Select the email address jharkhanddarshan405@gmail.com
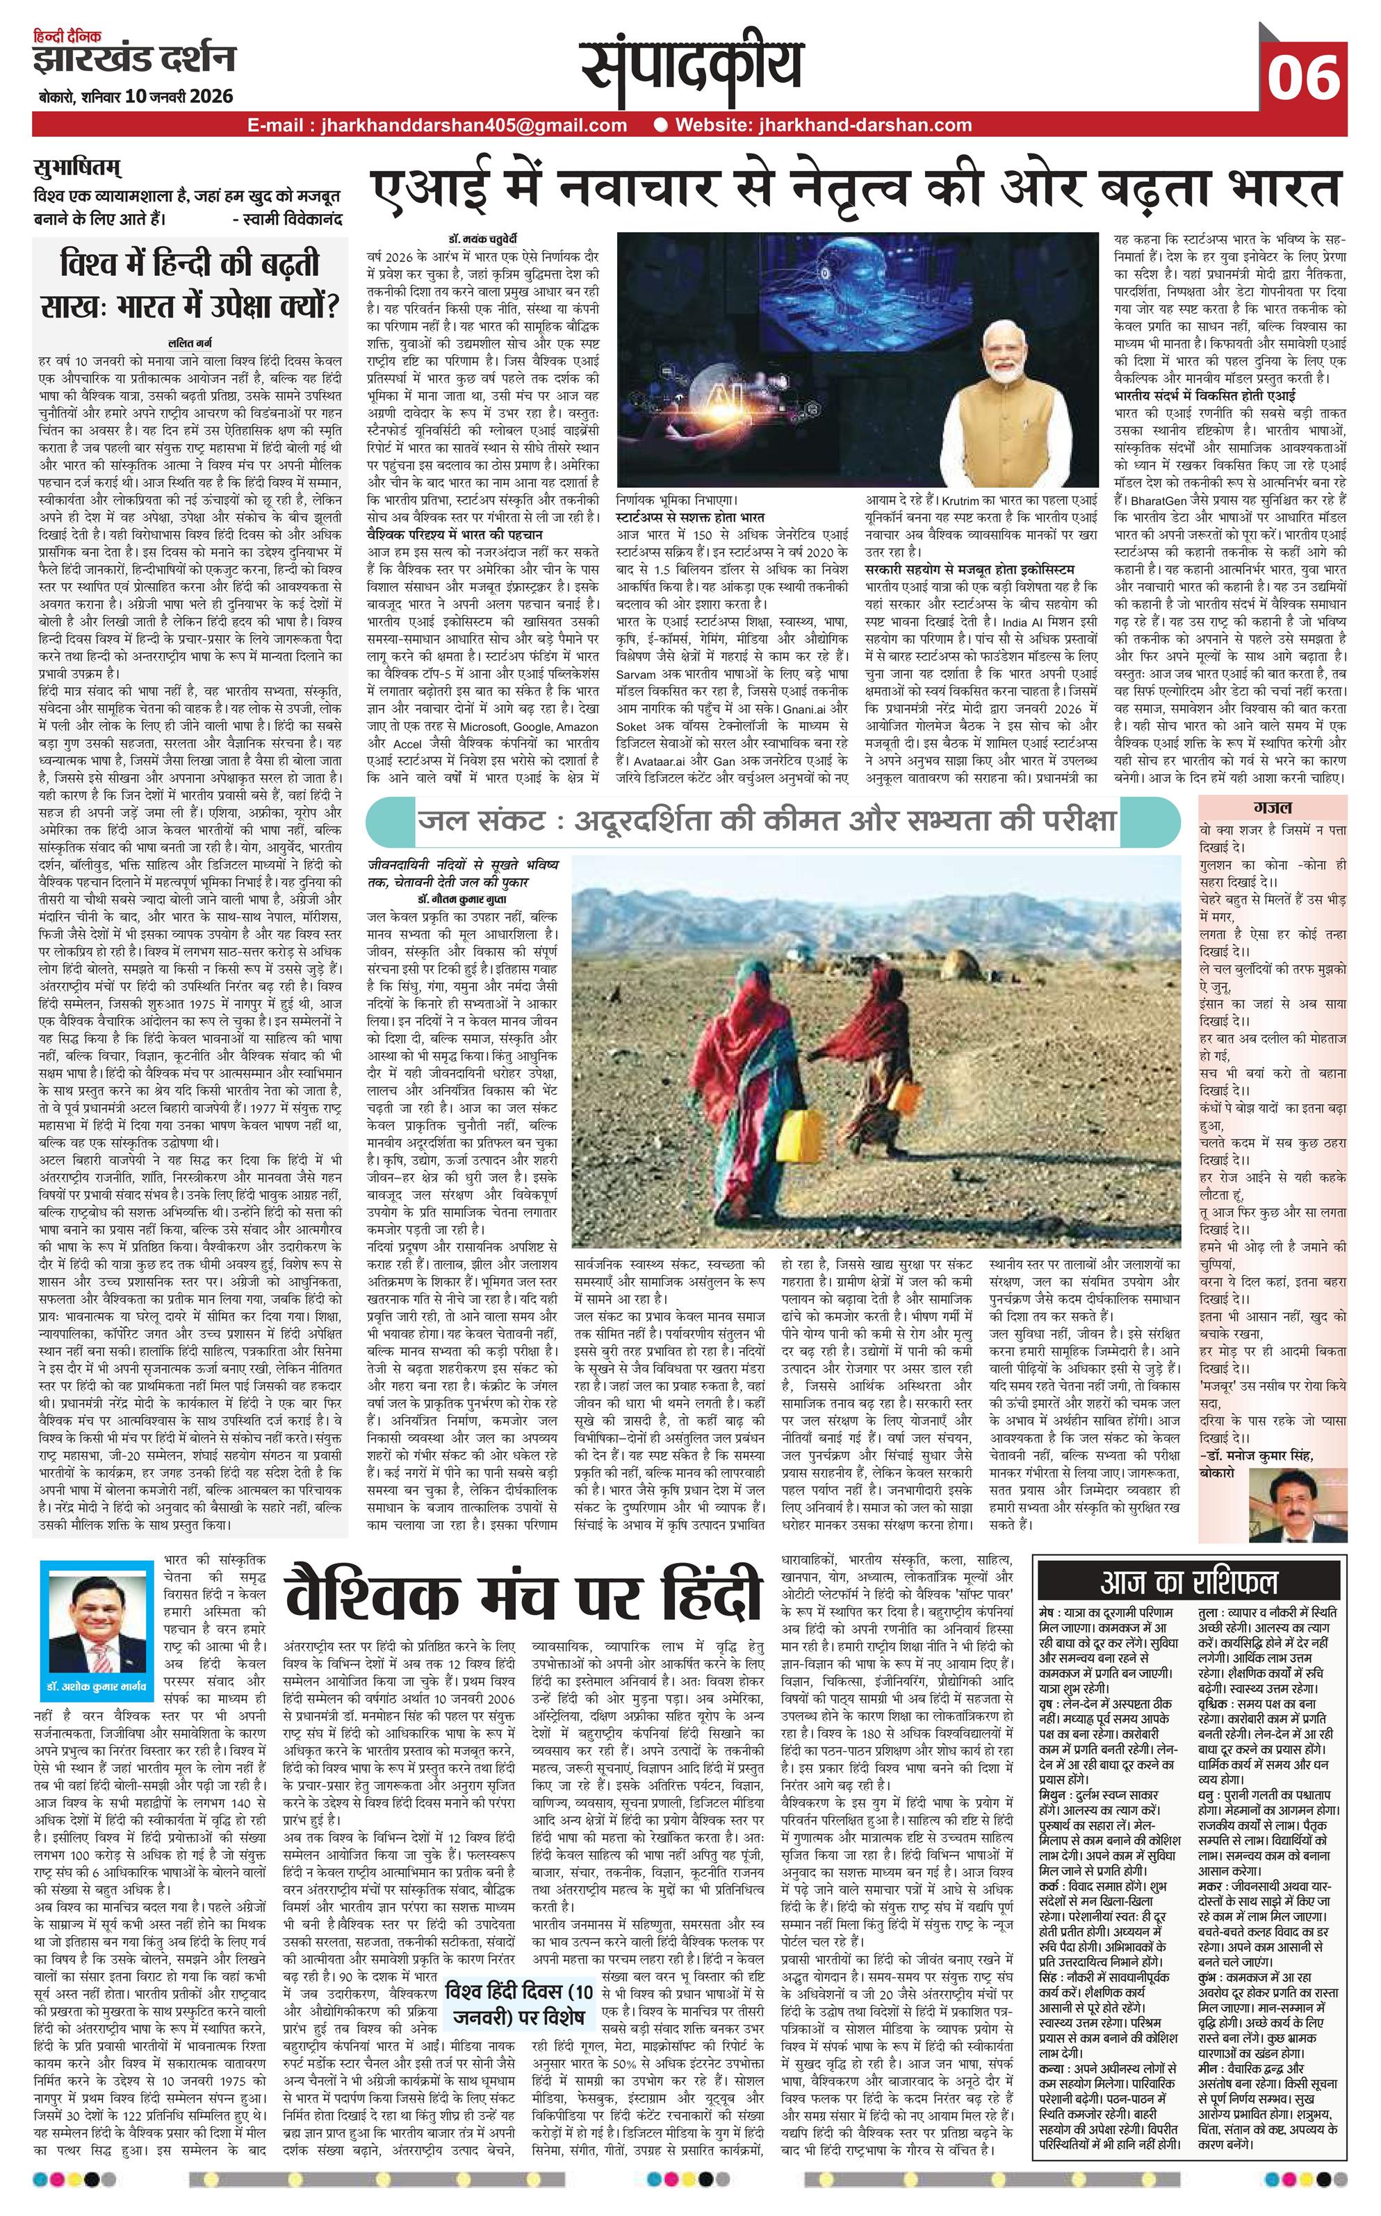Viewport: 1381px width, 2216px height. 437,125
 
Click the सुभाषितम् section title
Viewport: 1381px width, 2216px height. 78,170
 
